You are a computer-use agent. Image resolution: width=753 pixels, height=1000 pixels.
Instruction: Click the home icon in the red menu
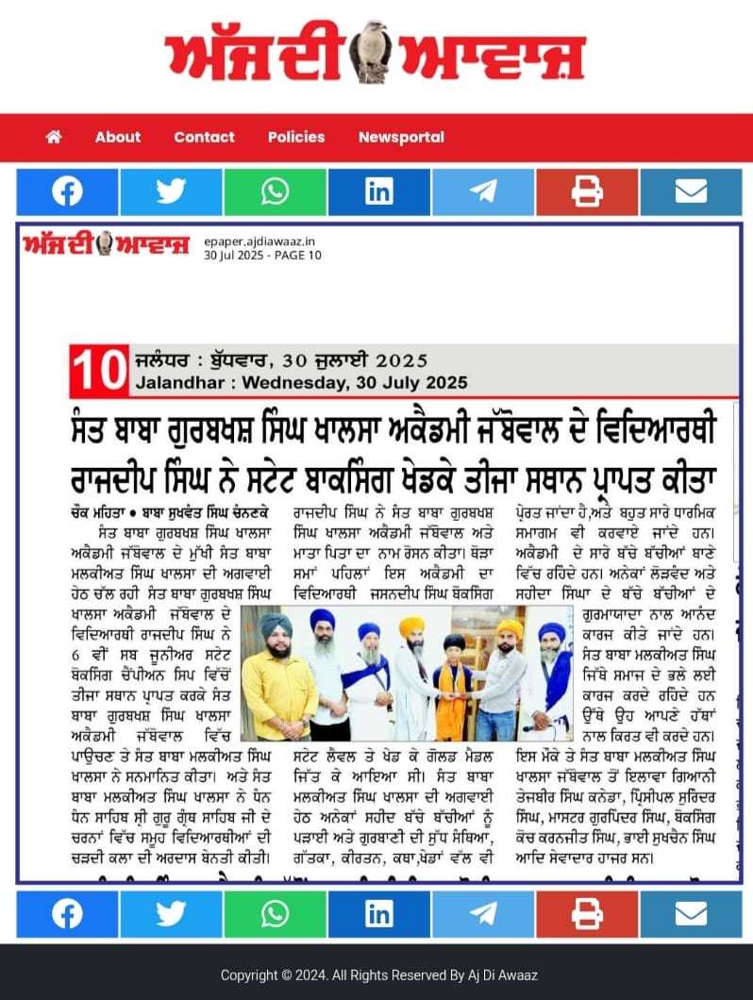click(x=54, y=137)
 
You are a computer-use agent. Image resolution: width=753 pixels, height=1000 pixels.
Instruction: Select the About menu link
click(x=117, y=137)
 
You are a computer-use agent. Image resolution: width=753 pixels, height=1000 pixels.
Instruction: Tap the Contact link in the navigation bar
click(x=204, y=137)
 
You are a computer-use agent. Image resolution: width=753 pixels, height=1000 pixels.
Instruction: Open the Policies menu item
click(x=295, y=137)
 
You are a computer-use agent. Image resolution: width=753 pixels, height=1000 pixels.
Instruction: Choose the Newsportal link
click(x=401, y=137)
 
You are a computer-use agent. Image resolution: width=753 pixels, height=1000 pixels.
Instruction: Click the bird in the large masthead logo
click(x=370, y=52)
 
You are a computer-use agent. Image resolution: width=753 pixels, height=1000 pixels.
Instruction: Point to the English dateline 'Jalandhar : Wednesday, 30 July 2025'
click(x=301, y=383)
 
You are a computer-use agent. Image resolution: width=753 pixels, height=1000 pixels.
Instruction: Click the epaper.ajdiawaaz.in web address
click(x=259, y=242)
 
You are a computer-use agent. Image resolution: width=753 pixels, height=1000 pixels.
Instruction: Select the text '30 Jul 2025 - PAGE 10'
click(x=262, y=255)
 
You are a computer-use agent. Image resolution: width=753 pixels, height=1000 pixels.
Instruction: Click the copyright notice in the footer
click(x=378, y=975)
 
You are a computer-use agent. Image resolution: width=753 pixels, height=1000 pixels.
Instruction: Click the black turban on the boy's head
click(x=453, y=643)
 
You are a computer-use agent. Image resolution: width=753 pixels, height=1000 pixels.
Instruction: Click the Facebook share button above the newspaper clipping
click(x=67, y=192)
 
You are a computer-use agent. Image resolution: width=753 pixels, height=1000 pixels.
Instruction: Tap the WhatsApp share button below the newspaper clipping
click(x=276, y=914)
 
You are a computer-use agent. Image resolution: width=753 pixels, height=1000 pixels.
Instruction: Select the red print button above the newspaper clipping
click(x=587, y=192)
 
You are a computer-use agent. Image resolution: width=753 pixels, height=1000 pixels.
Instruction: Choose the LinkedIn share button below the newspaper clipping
click(x=379, y=914)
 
